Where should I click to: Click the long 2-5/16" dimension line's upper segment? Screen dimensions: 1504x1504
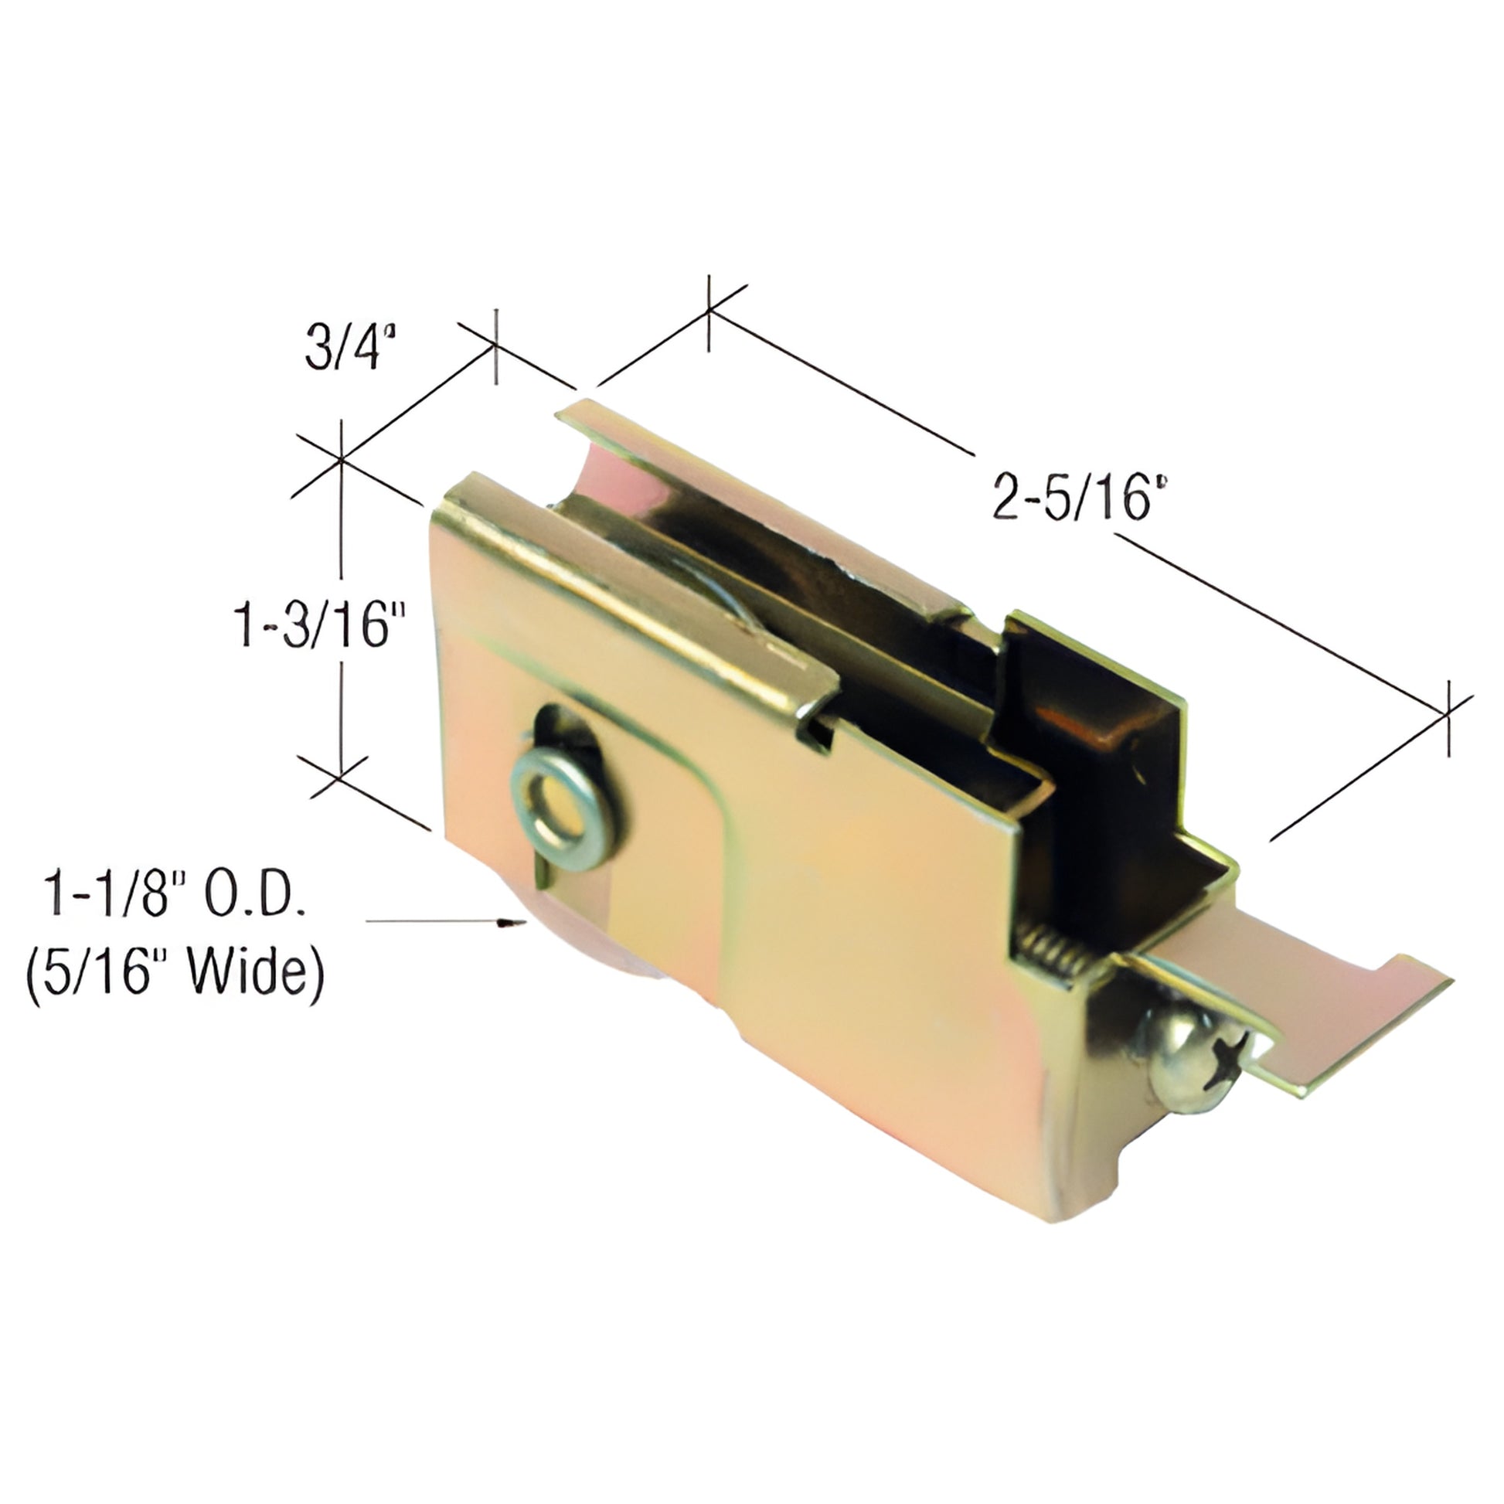pyautogui.click(x=841, y=382)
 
